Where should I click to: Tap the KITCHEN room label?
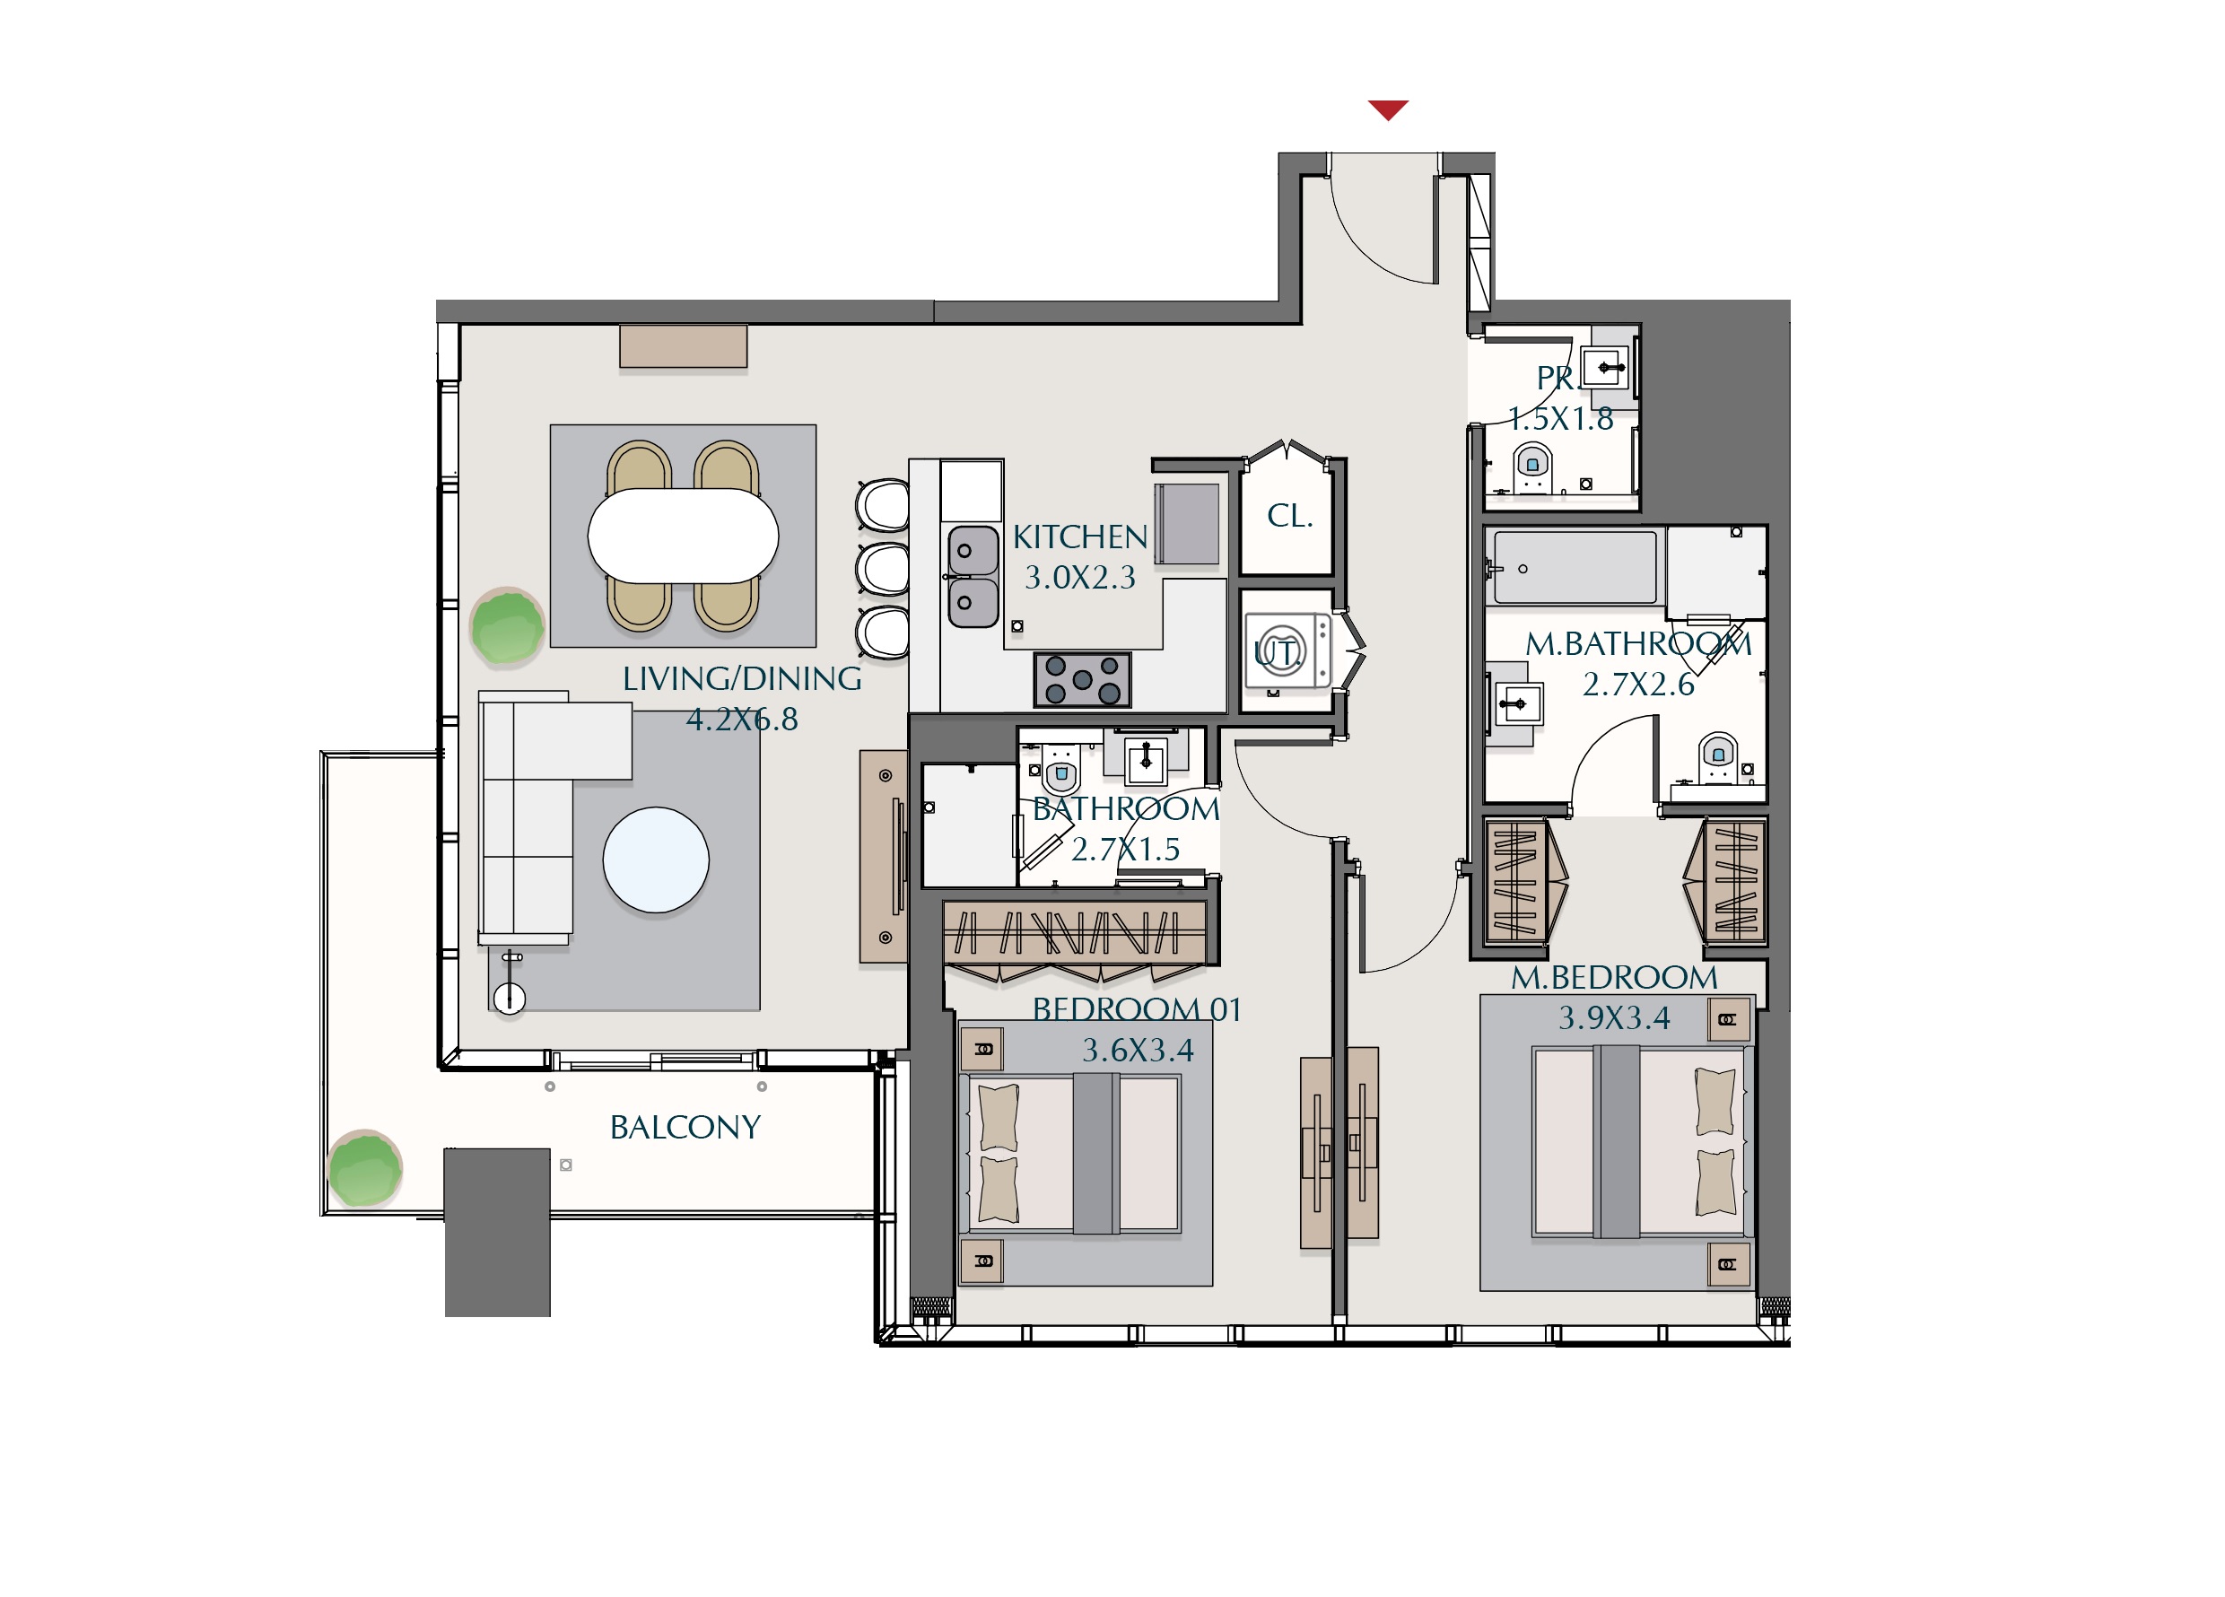pyautogui.click(x=1080, y=537)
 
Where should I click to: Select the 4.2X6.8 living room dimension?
pyautogui.click(x=742, y=720)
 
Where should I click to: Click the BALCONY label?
pyautogui.click(x=685, y=1127)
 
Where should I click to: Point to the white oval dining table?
pyautogui.click(x=683, y=536)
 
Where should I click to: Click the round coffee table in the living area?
pyautogui.click(x=655, y=860)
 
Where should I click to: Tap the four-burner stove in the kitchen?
pyautogui.click(x=1082, y=680)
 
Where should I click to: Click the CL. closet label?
pyautogui.click(x=1289, y=516)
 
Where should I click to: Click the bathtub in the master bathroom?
pyautogui.click(x=1575, y=568)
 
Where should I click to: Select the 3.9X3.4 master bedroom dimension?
pyautogui.click(x=1614, y=1018)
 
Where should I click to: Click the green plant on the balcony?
pyautogui.click(x=365, y=1168)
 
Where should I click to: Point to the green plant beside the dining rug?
pyautogui.click(x=507, y=626)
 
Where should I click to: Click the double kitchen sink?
pyautogui.click(x=973, y=577)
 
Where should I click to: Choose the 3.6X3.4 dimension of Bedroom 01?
pyautogui.click(x=1138, y=1051)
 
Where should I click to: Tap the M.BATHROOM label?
pyautogui.click(x=1638, y=644)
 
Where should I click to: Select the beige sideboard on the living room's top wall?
pyautogui.click(x=683, y=346)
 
